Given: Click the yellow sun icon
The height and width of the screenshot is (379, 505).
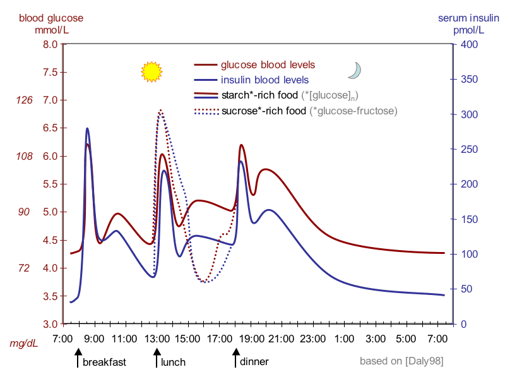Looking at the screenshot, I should pyautogui.click(x=151, y=72).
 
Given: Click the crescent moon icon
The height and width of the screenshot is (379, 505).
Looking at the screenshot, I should pyautogui.click(x=355, y=71).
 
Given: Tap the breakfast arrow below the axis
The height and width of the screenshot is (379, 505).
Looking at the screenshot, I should pyautogui.click(x=78, y=359).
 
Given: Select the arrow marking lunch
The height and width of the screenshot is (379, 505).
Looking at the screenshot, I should pyautogui.click(x=157, y=359).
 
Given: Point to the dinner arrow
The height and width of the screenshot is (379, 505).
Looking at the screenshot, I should pyautogui.click(x=235, y=359).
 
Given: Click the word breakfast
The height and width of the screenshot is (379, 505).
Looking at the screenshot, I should pyautogui.click(x=104, y=362).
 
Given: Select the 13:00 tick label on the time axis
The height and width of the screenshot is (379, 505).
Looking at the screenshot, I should pyautogui.click(x=157, y=338).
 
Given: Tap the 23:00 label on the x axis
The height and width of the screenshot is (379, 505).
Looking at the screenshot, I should pyautogui.click(x=313, y=338).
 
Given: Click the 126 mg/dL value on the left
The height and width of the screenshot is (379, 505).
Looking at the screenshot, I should pyautogui.click(x=24, y=100).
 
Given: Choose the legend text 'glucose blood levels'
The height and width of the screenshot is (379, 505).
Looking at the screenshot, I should pyautogui.click(x=267, y=64).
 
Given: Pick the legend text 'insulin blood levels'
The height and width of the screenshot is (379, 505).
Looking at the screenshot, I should pyautogui.click(x=264, y=80).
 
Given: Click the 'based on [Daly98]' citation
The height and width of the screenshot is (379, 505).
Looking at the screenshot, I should pyautogui.click(x=401, y=361).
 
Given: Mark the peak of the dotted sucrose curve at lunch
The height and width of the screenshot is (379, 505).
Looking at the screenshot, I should pyautogui.click(x=160, y=111).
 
